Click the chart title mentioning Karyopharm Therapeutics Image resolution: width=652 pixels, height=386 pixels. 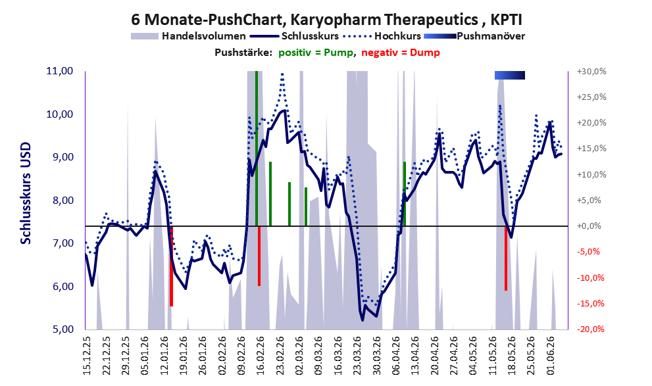coord(326,19)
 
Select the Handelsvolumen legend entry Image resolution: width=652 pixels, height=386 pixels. coord(188,36)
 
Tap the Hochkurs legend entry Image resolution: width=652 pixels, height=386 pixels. coord(382,36)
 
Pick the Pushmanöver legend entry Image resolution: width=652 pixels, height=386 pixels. coord(474,36)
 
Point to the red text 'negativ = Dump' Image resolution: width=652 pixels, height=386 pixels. coord(401,53)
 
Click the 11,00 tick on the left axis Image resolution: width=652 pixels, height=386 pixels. coord(59,71)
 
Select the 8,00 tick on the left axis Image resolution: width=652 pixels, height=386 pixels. coord(59,201)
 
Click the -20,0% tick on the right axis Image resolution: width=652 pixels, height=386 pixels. coord(590,329)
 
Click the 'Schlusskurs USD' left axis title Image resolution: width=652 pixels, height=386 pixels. coord(26,193)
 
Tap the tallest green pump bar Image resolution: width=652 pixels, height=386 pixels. coord(257,149)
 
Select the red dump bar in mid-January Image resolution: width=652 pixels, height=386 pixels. coord(171,266)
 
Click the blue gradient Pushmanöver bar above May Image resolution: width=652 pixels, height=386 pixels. coord(509,75)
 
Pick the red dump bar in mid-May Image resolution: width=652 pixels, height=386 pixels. coord(506,258)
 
